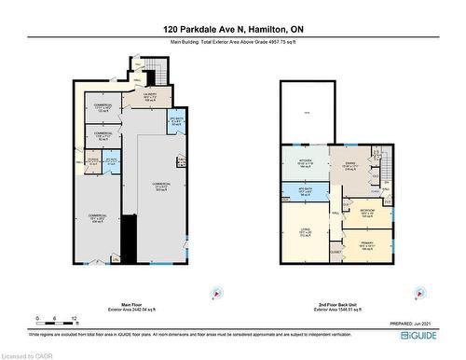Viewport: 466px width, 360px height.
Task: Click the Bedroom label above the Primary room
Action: click(367, 211)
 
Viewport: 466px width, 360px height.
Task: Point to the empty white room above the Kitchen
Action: click(308, 112)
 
